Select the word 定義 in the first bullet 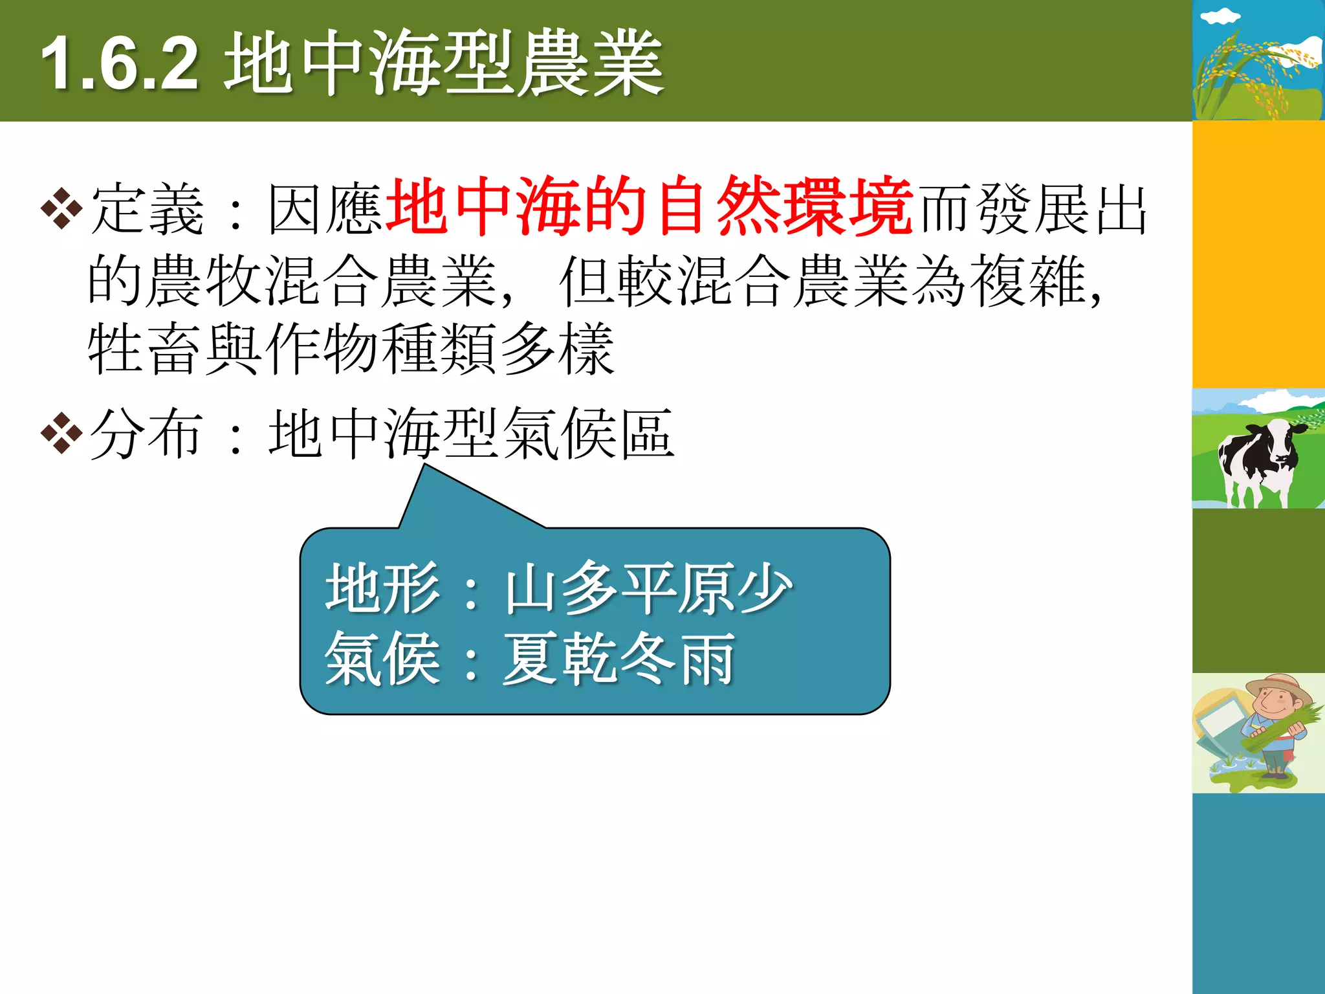(148, 209)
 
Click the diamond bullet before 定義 (61, 208)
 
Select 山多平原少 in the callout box (648, 588)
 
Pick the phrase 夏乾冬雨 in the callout (619, 659)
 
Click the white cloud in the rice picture (1220, 17)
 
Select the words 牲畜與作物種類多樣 (351, 349)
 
